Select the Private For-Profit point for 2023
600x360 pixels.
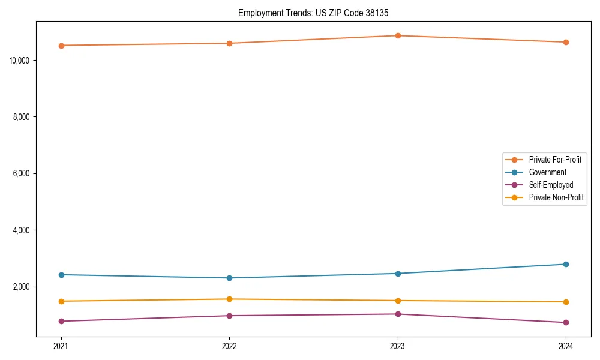coord(397,36)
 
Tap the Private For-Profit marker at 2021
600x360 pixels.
coord(61,46)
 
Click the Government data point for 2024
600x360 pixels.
coord(566,264)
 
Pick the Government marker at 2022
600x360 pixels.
coord(229,278)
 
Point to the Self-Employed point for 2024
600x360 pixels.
coord(566,323)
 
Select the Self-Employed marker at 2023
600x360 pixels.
coord(397,314)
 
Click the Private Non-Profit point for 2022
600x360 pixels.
coord(229,299)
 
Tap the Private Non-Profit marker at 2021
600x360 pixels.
coord(61,301)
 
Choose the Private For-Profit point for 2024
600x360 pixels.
coord(566,42)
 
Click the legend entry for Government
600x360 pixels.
coord(547,172)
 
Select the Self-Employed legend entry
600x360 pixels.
coord(551,185)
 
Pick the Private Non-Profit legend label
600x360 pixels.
coord(556,197)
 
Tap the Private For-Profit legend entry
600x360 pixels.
coord(555,160)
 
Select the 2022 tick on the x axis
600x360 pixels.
coord(229,346)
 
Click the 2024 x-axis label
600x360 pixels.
coord(566,346)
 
